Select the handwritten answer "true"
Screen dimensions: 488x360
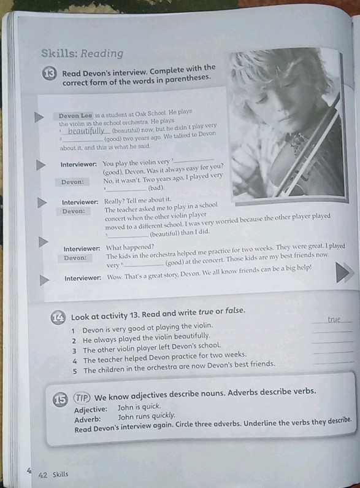point(334,319)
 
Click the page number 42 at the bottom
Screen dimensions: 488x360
point(43,474)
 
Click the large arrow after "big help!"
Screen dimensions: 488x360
point(342,273)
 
